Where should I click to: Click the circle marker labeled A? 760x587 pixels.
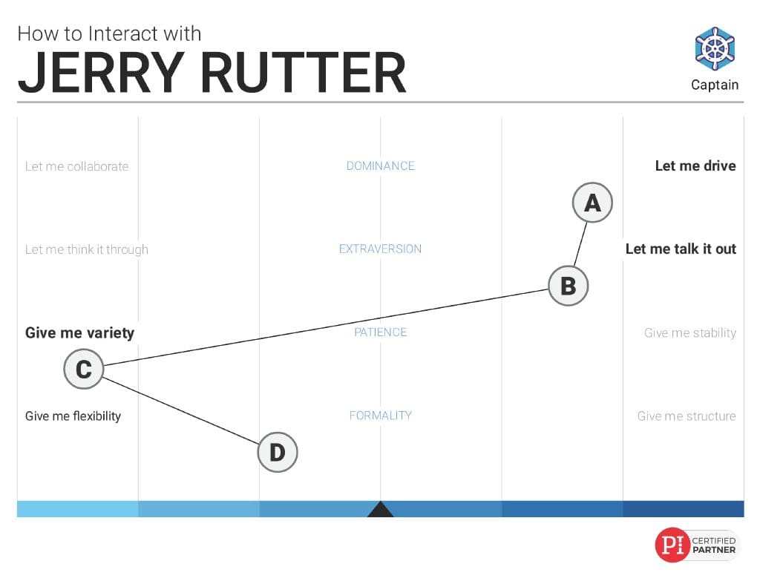[592, 203]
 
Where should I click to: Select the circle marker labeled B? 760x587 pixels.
[569, 286]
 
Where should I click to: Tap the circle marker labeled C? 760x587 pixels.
[84, 369]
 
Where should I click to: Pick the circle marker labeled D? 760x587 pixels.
[278, 452]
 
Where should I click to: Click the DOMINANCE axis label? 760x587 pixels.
[381, 165]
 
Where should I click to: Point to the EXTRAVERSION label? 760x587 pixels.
[381, 249]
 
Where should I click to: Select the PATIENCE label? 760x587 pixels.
[381, 332]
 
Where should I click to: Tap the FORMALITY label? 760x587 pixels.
[381, 416]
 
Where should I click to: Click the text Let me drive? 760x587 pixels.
[695, 165]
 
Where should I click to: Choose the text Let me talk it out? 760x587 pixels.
[681, 249]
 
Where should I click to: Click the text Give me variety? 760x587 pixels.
[80, 333]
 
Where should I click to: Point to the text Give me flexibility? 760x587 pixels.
[73, 416]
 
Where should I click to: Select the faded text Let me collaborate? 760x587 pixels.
[77, 166]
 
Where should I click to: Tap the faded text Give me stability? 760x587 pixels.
[690, 333]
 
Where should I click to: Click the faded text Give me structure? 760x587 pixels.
[687, 416]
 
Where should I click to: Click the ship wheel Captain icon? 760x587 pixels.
[715, 49]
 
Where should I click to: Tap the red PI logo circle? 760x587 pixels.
[672, 545]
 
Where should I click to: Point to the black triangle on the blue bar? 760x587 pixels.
[381, 510]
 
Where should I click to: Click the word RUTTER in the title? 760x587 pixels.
[303, 73]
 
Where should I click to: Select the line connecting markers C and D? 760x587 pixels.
[181, 410]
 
